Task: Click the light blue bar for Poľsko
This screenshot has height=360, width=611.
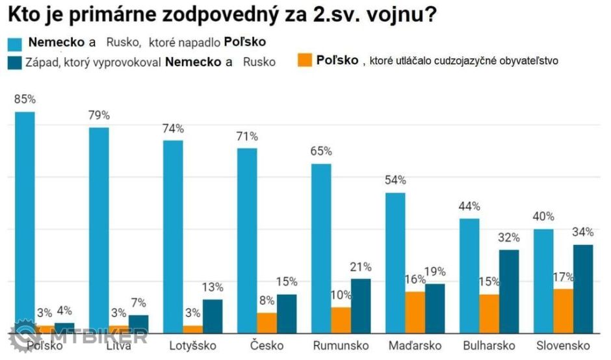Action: (x=25, y=221)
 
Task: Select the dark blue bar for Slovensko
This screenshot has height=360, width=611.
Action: (x=583, y=289)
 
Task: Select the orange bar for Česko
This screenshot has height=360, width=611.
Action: (x=266, y=322)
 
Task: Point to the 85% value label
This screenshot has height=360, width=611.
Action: (x=25, y=99)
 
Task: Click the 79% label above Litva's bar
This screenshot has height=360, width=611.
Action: (x=99, y=115)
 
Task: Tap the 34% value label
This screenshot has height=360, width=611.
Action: (x=583, y=233)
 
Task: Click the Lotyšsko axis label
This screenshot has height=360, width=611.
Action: (x=192, y=345)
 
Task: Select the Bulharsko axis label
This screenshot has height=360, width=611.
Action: (x=489, y=345)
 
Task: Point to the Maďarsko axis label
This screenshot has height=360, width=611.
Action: (x=415, y=345)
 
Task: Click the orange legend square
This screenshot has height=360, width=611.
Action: (x=304, y=60)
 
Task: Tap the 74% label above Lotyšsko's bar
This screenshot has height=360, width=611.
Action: (x=174, y=128)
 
